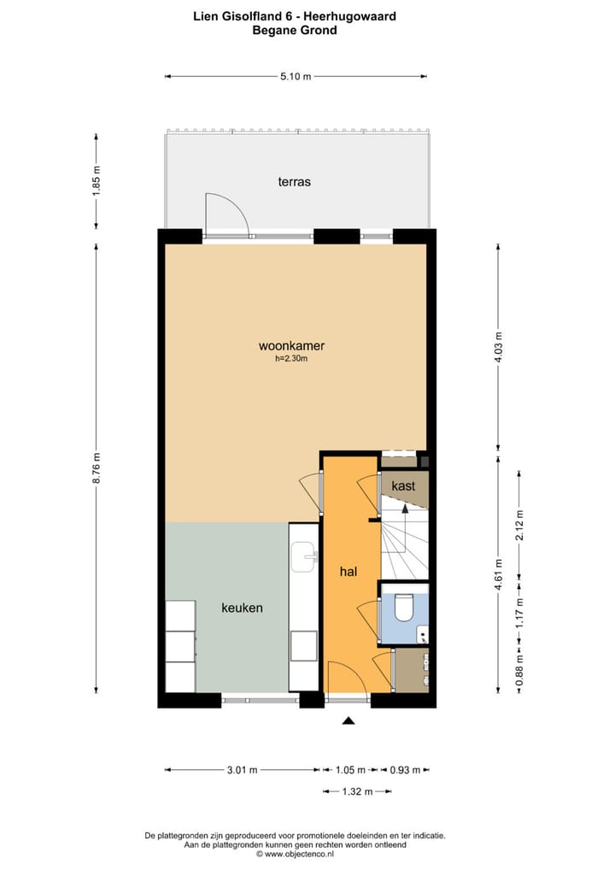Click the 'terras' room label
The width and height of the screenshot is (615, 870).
(x=294, y=182)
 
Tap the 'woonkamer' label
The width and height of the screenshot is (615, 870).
(x=291, y=346)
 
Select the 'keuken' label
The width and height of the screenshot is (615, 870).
(x=242, y=608)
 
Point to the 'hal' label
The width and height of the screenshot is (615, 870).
(x=348, y=573)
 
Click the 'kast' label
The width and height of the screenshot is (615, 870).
(x=403, y=485)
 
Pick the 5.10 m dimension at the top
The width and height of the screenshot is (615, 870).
(x=296, y=77)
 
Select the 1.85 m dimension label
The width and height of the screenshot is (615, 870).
(x=97, y=181)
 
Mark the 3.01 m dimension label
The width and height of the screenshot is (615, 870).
(x=242, y=769)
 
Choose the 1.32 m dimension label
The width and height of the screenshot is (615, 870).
(x=358, y=791)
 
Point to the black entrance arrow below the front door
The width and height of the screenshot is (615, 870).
(x=348, y=722)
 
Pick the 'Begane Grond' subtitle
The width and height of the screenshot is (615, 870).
(x=295, y=30)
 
